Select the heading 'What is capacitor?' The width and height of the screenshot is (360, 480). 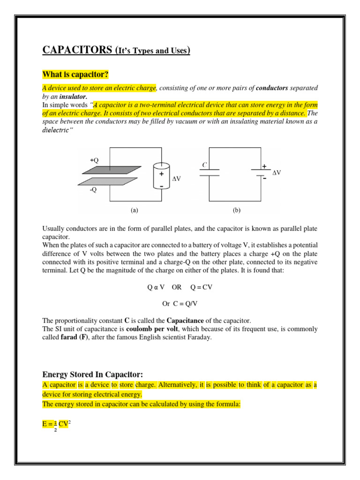coord(75,75)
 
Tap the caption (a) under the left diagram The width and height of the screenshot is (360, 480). coord(135,211)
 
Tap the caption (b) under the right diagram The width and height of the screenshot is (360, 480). coord(236,211)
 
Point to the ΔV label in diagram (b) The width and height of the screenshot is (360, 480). coord(277,172)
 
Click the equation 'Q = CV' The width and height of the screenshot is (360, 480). coord(201,287)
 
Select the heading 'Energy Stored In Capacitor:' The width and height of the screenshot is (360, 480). coord(92,374)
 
